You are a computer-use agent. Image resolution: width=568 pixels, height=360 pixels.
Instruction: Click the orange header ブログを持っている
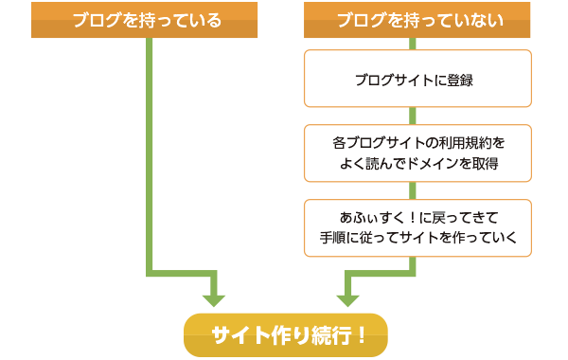pyautogui.click(x=145, y=20)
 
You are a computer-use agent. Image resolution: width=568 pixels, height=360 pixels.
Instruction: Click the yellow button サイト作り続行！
pyautogui.click(x=285, y=334)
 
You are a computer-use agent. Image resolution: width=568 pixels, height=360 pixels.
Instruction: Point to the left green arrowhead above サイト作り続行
pyautogui.click(x=214, y=297)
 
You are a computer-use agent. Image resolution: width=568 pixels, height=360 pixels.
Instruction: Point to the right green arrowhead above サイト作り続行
pyautogui.click(x=348, y=297)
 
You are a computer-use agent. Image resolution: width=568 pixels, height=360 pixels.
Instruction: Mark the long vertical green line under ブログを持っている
pyautogui.click(x=150, y=152)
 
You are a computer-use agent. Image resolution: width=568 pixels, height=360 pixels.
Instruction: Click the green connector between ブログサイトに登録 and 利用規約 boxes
pyautogui.click(x=413, y=117)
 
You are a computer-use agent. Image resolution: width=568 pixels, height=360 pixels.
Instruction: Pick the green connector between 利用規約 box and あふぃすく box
pyautogui.click(x=413, y=190)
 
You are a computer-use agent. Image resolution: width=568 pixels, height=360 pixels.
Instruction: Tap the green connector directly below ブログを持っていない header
pyautogui.click(x=413, y=45)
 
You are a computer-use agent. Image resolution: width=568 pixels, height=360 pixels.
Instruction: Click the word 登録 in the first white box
pyautogui.click(x=459, y=80)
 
